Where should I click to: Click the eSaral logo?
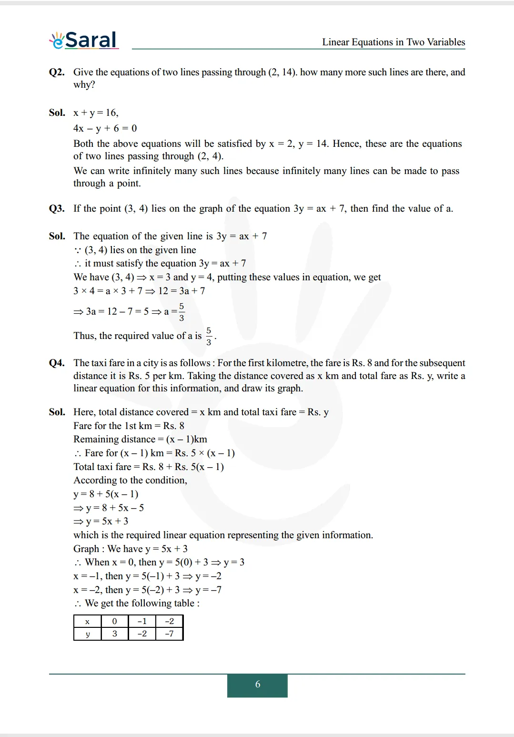tap(84, 40)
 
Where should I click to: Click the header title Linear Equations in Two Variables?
tap(393, 42)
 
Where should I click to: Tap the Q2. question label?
tap(57, 72)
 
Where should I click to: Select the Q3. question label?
tap(57, 208)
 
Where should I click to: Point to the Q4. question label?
tap(57, 363)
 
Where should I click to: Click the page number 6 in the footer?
tap(257, 685)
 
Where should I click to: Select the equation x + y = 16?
tap(96, 113)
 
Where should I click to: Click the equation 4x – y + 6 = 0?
tap(105, 128)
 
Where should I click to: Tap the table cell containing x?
tap(88, 621)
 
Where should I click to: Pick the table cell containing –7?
tap(169, 634)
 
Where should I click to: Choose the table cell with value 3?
tap(114, 634)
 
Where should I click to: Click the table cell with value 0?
tap(114, 621)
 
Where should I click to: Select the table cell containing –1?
tap(142, 621)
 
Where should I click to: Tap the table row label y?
tap(88, 634)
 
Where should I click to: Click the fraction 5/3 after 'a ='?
tap(181, 312)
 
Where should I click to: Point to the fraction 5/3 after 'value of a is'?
tap(209, 336)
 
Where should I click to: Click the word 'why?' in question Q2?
tap(84, 85)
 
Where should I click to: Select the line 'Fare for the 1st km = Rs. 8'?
tap(129, 426)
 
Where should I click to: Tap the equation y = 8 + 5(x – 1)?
tap(106, 494)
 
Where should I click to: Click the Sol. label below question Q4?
tap(57, 412)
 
